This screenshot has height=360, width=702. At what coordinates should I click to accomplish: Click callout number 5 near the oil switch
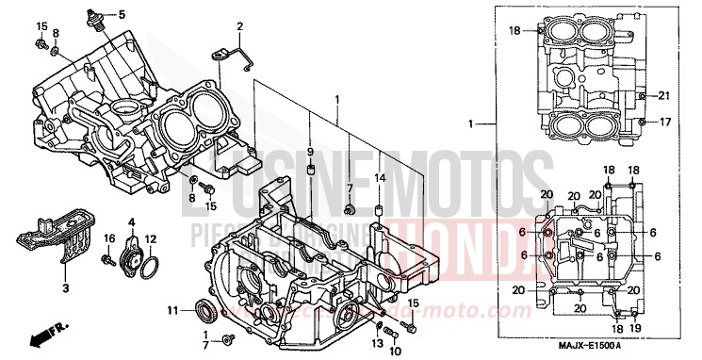tap(121, 15)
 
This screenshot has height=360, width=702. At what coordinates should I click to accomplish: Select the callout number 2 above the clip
tap(239, 25)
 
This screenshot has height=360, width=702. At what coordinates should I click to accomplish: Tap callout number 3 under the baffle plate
tap(66, 286)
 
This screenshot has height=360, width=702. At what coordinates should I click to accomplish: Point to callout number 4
tap(131, 222)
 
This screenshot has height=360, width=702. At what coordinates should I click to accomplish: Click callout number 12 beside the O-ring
tap(151, 238)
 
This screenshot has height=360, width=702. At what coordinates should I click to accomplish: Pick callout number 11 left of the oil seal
tap(172, 310)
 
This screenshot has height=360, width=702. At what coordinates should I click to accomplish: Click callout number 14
tap(380, 177)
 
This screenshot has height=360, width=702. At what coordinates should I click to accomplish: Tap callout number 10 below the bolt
tap(395, 351)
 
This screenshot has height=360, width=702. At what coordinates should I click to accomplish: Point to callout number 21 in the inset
tap(662, 96)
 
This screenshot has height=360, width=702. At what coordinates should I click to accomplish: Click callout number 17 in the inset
tap(663, 122)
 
